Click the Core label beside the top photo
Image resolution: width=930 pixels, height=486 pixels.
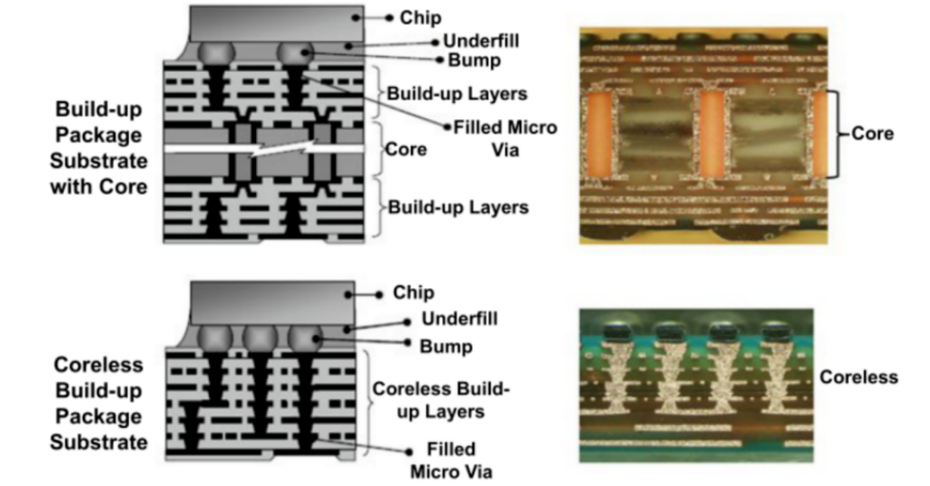tap(873, 134)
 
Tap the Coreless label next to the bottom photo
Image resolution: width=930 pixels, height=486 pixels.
tap(858, 377)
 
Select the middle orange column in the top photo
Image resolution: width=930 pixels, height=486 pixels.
tap(713, 134)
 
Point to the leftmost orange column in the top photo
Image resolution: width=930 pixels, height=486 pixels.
tap(600, 134)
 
